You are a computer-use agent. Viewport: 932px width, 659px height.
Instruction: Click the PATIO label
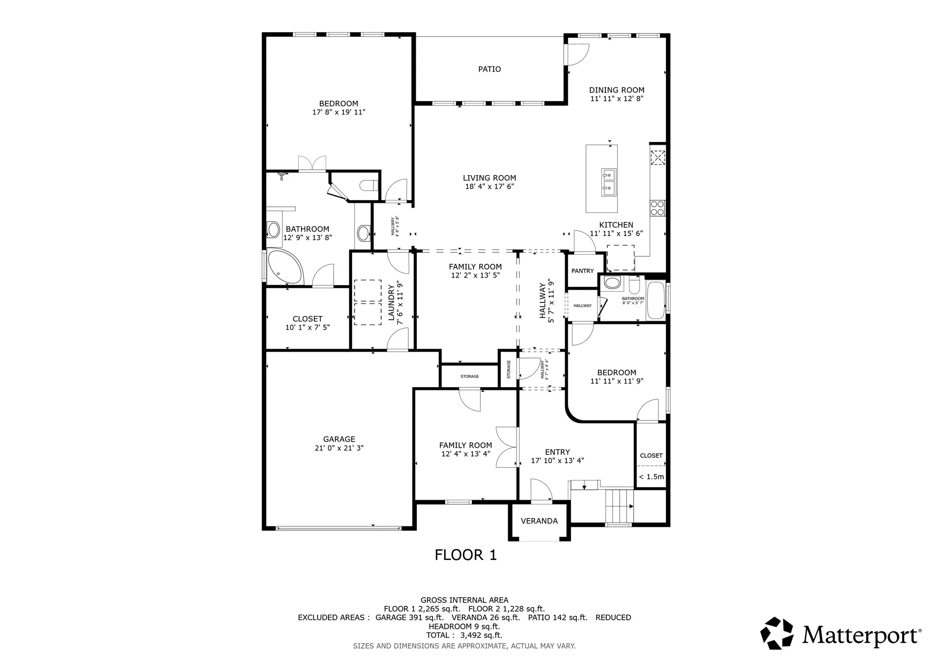coord(489,69)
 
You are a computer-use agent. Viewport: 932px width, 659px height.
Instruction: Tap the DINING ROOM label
coord(616,90)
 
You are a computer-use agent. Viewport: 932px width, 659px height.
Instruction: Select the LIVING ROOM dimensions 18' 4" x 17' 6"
coord(489,187)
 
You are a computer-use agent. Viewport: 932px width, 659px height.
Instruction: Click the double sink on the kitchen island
coord(609,182)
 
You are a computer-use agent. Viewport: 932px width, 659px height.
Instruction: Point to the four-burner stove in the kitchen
coord(658,208)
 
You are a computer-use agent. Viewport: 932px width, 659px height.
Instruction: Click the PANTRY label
coord(582,271)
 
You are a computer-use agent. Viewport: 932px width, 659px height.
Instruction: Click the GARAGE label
coord(339,439)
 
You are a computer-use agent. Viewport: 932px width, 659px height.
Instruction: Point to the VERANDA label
coord(539,521)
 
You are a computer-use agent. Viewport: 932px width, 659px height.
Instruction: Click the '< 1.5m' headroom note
coord(651,477)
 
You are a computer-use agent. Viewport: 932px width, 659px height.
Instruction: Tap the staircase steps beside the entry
coord(619,506)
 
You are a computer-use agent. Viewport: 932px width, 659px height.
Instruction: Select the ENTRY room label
coord(557,452)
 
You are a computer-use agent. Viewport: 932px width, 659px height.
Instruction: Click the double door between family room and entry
coord(507,447)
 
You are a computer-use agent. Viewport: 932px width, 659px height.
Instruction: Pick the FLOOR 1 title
coord(466,555)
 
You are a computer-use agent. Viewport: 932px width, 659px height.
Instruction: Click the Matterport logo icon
coord(776,633)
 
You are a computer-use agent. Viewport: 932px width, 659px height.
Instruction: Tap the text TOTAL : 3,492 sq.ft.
coord(464,635)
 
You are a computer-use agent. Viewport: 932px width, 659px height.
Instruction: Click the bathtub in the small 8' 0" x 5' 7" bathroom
coord(655,300)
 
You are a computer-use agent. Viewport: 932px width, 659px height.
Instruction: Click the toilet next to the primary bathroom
coord(369,186)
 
